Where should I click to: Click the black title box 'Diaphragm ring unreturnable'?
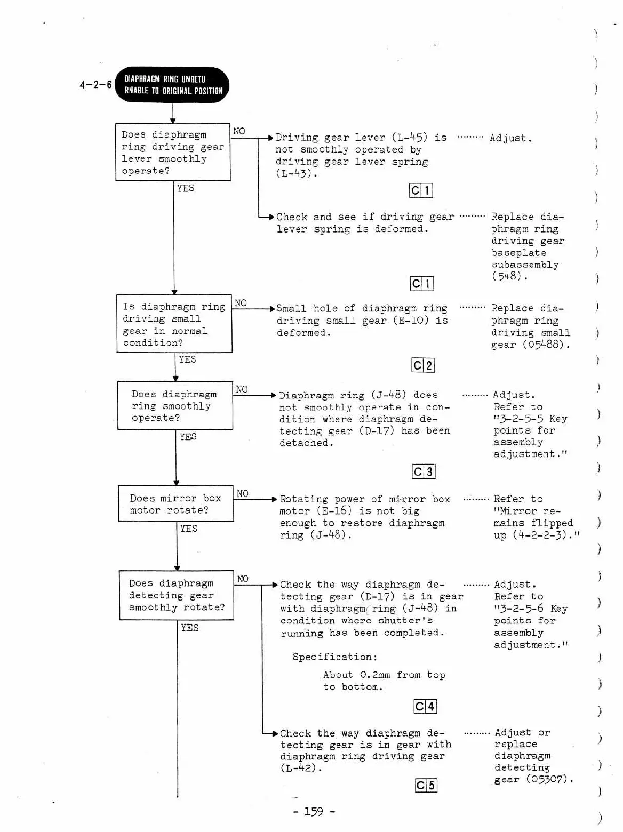(x=172, y=85)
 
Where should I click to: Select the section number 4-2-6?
(x=95, y=85)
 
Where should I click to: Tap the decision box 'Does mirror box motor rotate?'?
(x=175, y=504)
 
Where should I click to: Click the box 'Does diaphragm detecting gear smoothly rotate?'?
(x=177, y=595)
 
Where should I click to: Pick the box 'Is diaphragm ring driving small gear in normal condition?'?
(x=174, y=324)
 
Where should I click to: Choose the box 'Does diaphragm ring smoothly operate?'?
(x=175, y=406)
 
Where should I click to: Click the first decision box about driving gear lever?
(x=173, y=153)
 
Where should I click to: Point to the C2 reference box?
(x=423, y=365)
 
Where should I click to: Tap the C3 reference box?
(x=424, y=471)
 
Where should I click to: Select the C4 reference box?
(x=425, y=707)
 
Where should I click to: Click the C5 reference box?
(x=426, y=786)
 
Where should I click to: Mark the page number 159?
(x=314, y=812)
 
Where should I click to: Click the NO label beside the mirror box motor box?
(x=243, y=493)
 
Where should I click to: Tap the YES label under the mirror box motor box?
(x=189, y=529)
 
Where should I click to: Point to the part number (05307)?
(x=549, y=779)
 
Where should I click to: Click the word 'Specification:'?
(x=334, y=657)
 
